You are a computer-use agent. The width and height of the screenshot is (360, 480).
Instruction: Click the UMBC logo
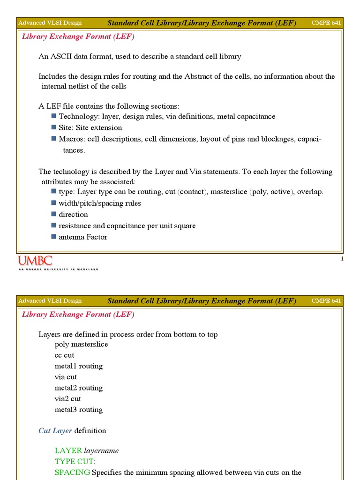pos(35,261)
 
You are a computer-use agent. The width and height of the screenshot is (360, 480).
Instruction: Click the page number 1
pos(342,259)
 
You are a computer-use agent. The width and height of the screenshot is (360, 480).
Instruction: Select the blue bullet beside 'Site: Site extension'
pos(54,127)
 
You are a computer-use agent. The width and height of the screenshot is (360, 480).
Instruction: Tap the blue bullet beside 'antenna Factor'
pos(54,237)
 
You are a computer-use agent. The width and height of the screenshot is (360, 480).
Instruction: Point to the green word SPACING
pos(72,472)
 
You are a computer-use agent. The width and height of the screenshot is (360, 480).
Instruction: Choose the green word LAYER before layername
pos(68,451)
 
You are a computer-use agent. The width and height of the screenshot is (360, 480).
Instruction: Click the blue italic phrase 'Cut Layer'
pos(55,431)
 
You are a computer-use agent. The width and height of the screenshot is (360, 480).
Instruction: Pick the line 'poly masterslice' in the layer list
pos(81,345)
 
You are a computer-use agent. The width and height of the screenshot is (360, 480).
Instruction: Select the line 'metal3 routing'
pos(78,410)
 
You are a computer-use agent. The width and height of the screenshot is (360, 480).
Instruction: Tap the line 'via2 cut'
pos(67,399)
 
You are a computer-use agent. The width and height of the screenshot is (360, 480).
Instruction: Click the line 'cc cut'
pos(64,355)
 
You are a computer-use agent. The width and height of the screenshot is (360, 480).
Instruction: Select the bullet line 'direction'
pos(73,215)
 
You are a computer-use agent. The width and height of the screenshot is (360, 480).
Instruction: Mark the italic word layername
pos(101,451)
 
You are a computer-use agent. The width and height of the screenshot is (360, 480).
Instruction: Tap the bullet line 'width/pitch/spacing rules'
pos(100,203)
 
